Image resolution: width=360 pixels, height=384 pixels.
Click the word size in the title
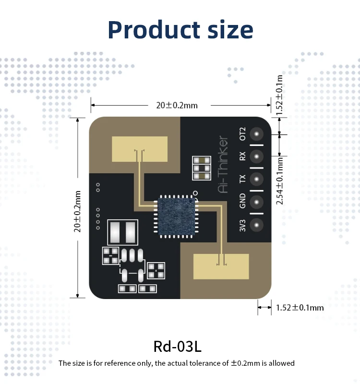[228, 30]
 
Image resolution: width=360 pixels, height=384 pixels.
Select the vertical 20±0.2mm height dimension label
[77, 211]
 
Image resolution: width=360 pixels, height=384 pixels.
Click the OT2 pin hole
[257, 134]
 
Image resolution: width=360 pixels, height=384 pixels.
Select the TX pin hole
[257, 179]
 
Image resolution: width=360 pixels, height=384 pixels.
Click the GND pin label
[242, 201]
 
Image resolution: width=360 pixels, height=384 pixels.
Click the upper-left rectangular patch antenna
[139, 149]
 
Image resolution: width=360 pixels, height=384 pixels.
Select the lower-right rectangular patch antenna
[221, 266]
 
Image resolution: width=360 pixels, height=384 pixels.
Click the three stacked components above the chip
[201, 168]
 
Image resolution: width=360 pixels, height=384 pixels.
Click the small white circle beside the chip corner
[195, 193]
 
